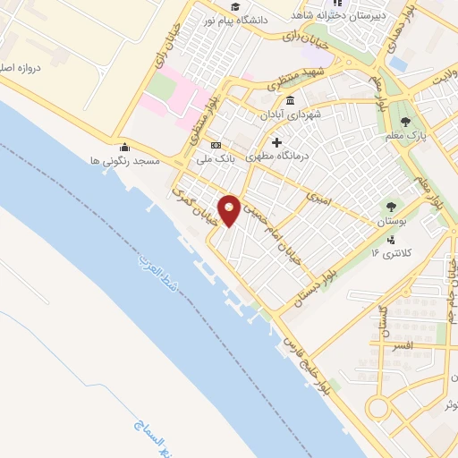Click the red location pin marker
coord(230,210)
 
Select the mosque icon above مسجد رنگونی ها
coord(124,147)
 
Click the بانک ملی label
coord(216,159)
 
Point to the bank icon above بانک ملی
coord(216,146)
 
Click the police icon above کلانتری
coord(392,240)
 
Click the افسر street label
coord(401,343)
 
